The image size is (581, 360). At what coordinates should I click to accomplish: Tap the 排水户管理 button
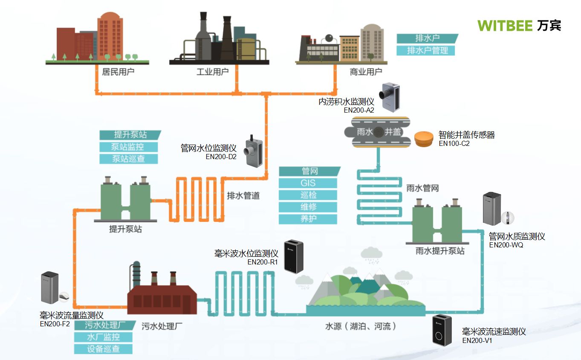click(x=425, y=50)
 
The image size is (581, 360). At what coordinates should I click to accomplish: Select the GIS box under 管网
click(x=307, y=183)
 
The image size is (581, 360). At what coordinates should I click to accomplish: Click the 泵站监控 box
click(x=128, y=147)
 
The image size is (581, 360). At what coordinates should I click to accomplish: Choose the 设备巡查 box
click(x=103, y=348)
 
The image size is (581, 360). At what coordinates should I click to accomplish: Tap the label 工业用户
click(x=212, y=72)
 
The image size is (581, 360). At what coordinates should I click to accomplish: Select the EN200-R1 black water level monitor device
click(x=294, y=256)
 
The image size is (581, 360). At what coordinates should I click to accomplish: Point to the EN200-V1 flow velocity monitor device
click(x=442, y=330)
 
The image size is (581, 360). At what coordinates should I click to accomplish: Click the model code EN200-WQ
click(x=506, y=245)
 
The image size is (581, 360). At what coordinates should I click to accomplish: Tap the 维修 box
click(x=307, y=207)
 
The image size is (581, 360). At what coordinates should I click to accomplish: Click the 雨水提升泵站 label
click(x=440, y=251)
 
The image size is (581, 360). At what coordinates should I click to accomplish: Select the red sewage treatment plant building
click(x=162, y=296)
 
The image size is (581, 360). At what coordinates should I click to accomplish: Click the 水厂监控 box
click(x=103, y=337)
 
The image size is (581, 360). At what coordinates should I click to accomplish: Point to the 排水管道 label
click(x=243, y=196)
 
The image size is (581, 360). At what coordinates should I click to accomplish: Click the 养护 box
click(x=307, y=219)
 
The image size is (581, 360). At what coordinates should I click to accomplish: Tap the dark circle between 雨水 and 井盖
click(x=378, y=132)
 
